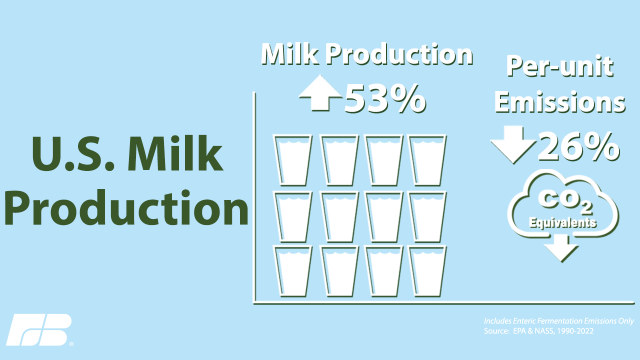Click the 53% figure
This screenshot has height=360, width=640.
pos(385,99)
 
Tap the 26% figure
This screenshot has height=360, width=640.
pos(579,146)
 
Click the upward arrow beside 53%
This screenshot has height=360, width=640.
pos(320,92)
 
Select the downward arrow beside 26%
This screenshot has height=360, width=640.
pos(513,144)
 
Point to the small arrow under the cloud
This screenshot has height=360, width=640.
pos(561,247)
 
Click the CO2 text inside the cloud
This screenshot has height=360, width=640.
pos(565,202)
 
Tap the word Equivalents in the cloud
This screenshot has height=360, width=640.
pos(562,222)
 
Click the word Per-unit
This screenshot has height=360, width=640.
pos(560,66)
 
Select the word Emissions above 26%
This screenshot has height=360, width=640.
pos(560,102)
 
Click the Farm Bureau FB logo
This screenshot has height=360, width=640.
pos(38,329)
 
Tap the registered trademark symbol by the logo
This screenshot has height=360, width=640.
pos(71,344)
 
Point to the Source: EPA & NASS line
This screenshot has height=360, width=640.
pos(538,331)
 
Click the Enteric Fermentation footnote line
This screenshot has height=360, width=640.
pos(559,321)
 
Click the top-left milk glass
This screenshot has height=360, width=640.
pos(293,160)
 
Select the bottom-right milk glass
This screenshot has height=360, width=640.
pos(427,271)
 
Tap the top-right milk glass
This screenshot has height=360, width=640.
pos(427,160)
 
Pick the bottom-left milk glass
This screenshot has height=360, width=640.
pos(293,271)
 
